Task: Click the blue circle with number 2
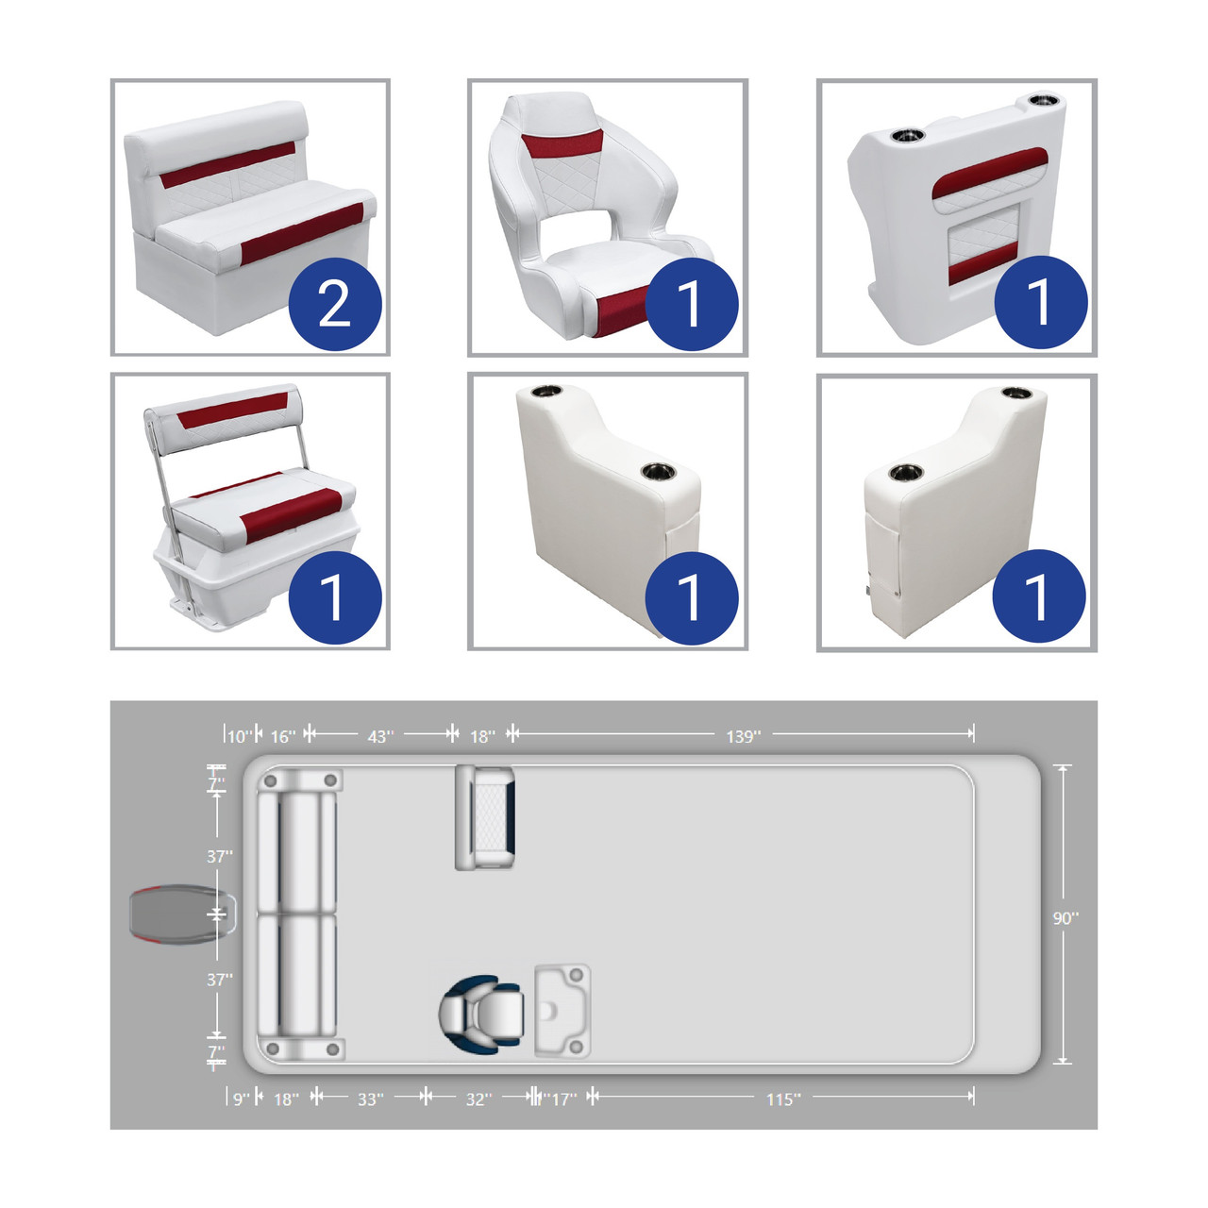pyautogui.click(x=335, y=303)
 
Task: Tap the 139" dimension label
pyautogui.click(x=744, y=736)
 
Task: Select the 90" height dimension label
pyautogui.click(x=1065, y=918)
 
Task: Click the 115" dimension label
pyautogui.click(x=783, y=1099)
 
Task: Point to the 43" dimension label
pyautogui.click(x=380, y=736)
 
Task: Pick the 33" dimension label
pyautogui.click(x=371, y=1099)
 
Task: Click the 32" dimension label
pyautogui.click(x=478, y=1099)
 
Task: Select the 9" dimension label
pyautogui.click(x=242, y=1099)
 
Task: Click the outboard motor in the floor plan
pyautogui.click(x=183, y=914)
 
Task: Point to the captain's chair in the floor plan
pyautogui.click(x=480, y=1014)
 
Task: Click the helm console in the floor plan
pyautogui.click(x=562, y=1011)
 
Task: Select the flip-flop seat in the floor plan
pyautogui.click(x=485, y=817)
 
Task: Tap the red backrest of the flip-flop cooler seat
pyautogui.click(x=232, y=410)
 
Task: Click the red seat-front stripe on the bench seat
pyautogui.click(x=302, y=233)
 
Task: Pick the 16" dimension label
pyautogui.click(x=283, y=736)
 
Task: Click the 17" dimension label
pyautogui.click(x=563, y=1099)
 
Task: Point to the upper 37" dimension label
pyautogui.click(x=220, y=856)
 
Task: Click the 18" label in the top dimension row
pyautogui.click(x=482, y=736)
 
